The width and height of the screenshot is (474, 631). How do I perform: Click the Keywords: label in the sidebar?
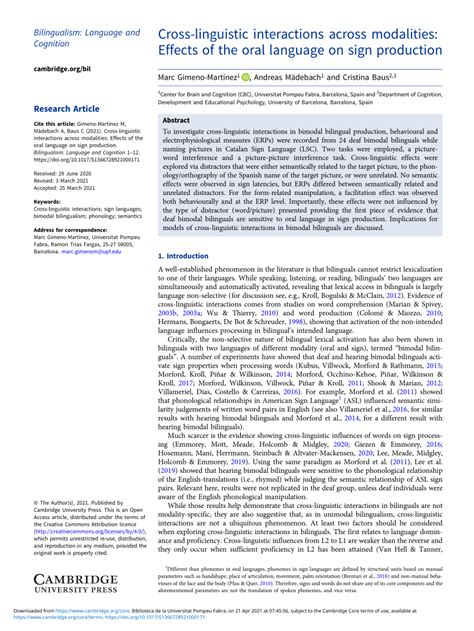point(48,201)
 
